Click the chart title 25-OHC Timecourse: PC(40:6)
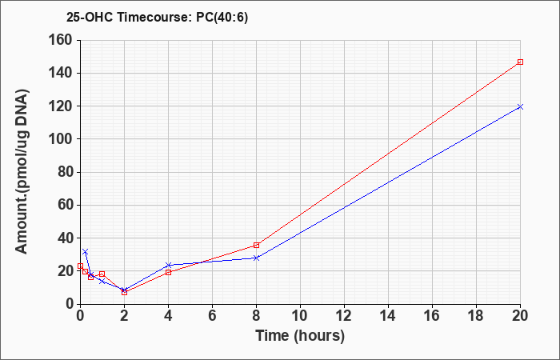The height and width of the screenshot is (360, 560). click(157, 18)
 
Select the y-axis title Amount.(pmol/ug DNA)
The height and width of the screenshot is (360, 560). click(22, 171)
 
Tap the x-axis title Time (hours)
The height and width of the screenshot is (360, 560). click(300, 336)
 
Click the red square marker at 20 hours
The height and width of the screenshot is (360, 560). click(520, 62)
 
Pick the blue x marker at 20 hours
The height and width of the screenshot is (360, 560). click(520, 106)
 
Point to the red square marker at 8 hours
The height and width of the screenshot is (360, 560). click(257, 245)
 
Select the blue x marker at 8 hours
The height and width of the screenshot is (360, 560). click(257, 258)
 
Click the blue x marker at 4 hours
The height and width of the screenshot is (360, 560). click(169, 265)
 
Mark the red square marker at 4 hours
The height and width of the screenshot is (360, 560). click(169, 272)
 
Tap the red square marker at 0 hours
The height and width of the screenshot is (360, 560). click(80, 266)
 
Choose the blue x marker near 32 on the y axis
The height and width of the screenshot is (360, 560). click(85, 252)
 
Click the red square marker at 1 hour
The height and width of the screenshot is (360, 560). click(102, 274)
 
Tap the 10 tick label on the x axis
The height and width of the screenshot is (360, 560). click(300, 316)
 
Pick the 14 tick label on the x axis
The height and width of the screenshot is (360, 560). click(388, 316)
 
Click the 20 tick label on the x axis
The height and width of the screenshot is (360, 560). click(520, 316)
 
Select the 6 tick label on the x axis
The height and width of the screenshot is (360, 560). click(213, 316)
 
